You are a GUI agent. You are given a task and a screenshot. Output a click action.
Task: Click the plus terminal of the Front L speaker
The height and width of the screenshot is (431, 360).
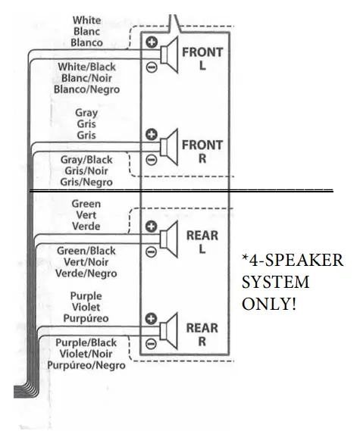152,42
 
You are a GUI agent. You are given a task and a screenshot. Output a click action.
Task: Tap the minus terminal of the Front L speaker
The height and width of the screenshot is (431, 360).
152,67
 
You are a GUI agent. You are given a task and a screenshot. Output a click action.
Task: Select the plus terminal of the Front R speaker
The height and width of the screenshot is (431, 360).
151,135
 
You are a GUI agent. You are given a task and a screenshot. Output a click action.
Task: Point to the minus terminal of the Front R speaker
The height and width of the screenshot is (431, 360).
151,159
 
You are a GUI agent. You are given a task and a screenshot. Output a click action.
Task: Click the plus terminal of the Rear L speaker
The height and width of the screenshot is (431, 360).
151,226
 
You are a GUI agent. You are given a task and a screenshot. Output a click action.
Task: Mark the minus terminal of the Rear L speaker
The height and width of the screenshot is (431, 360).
151,251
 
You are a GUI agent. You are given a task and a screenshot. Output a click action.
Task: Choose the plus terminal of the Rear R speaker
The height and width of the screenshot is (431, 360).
151,319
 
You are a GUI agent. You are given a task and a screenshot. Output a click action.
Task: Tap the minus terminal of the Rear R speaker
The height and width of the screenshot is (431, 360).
151,343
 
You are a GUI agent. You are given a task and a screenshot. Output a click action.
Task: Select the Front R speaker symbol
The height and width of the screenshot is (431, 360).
170,146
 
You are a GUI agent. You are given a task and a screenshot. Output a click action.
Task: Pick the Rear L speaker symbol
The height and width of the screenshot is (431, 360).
170,239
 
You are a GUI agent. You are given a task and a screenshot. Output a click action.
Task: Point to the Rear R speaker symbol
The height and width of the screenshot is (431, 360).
170,331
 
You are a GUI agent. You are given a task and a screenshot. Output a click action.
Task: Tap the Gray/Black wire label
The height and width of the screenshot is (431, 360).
86,160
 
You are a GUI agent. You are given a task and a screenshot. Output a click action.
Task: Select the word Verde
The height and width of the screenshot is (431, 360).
86,226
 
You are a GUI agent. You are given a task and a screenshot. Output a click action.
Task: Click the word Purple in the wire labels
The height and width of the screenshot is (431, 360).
86,296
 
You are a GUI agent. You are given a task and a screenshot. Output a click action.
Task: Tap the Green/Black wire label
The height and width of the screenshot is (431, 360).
86,251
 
